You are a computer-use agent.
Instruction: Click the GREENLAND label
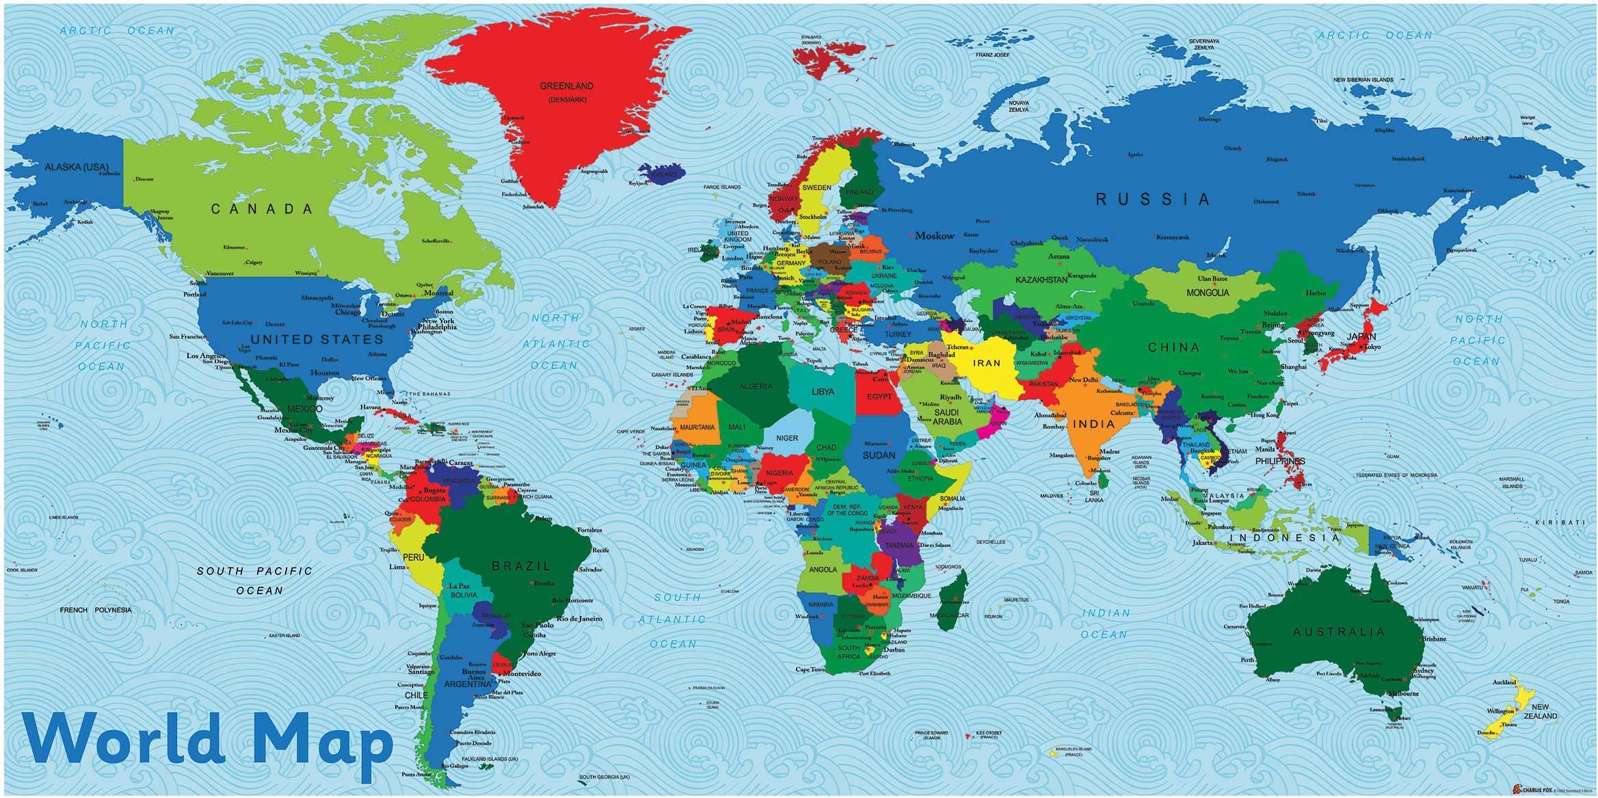pyautogui.click(x=566, y=87)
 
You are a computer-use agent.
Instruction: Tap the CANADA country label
pyautogui.click(x=261, y=209)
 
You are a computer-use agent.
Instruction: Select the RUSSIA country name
pyautogui.click(x=1153, y=200)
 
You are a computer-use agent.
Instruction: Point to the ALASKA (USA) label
pyautogui.click(x=77, y=167)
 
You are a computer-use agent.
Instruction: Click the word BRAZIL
pyautogui.click(x=521, y=566)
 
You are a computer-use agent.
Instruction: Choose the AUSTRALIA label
pyautogui.click(x=1339, y=632)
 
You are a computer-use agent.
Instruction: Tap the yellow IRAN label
pyautogui.click(x=987, y=364)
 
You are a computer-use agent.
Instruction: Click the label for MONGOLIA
pyautogui.click(x=1208, y=293)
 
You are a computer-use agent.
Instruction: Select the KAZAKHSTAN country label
pyautogui.click(x=1041, y=280)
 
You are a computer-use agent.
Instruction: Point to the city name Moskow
pyautogui.click(x=934, y=236)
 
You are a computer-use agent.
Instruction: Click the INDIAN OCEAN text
pyautogui.click(x=1105, y=624)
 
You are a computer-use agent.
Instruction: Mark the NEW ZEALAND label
pyautogui.click(x=1544, y=711)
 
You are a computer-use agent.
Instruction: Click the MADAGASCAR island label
pyautogui.click(x=949, y=615)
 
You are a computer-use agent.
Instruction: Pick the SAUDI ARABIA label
pyautogui.click(x=947, y=417)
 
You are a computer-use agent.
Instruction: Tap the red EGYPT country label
pyautogui.click(x=879, y=397)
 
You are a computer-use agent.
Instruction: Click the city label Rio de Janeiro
pyautogui.click(x=579, y=619)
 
